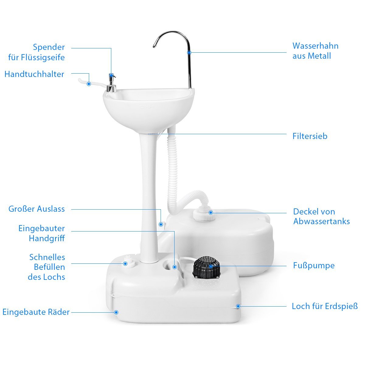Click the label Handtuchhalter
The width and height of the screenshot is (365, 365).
click(x=34, y=74)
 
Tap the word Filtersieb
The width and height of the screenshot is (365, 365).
click(x=310, y=136)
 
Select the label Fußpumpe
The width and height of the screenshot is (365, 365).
click(x=314, y=266)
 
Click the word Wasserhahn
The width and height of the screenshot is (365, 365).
click(x=315, y=46)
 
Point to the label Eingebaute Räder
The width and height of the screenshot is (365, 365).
click(x=36, y=312)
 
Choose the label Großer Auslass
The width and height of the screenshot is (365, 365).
click(x=36, y=209)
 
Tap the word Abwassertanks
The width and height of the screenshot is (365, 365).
click(x=322, y=221)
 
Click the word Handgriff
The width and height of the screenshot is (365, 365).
click(x=47, y=239)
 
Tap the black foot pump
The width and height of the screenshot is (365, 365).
click(x=206, y=267)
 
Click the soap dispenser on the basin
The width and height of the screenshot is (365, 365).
click(x=112, y=83)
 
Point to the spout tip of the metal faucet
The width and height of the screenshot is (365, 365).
click(x=154, y=46)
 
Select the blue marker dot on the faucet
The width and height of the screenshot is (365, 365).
click(x=189, y=52)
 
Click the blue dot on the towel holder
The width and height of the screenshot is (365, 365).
click(x=89, y=84)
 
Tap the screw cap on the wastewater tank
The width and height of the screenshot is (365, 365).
click(x=204, y=215)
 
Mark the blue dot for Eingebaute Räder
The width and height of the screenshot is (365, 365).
click(x=116, y=312)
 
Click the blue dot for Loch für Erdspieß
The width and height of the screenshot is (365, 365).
click(x=238, y=306)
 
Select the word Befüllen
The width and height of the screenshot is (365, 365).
click(x=50, y=267)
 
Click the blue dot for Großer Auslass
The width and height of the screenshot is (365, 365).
click(x=161, y=224)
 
